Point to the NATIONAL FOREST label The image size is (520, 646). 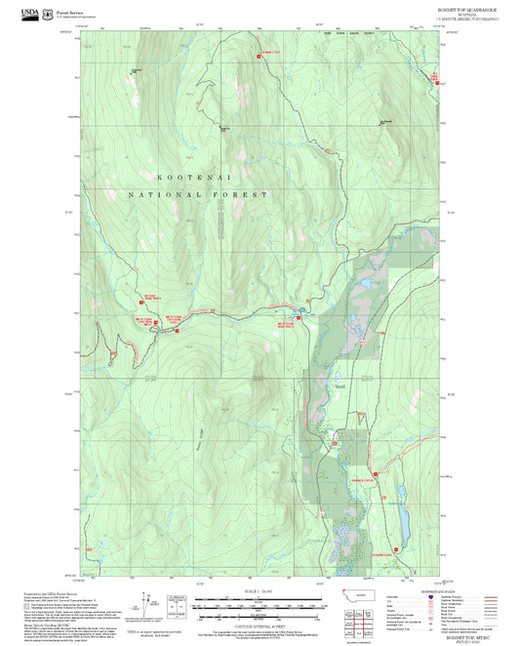198,195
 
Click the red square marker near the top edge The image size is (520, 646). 259,57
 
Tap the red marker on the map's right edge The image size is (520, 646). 436,84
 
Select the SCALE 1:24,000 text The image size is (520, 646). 257,591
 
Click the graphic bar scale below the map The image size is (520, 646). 257,606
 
